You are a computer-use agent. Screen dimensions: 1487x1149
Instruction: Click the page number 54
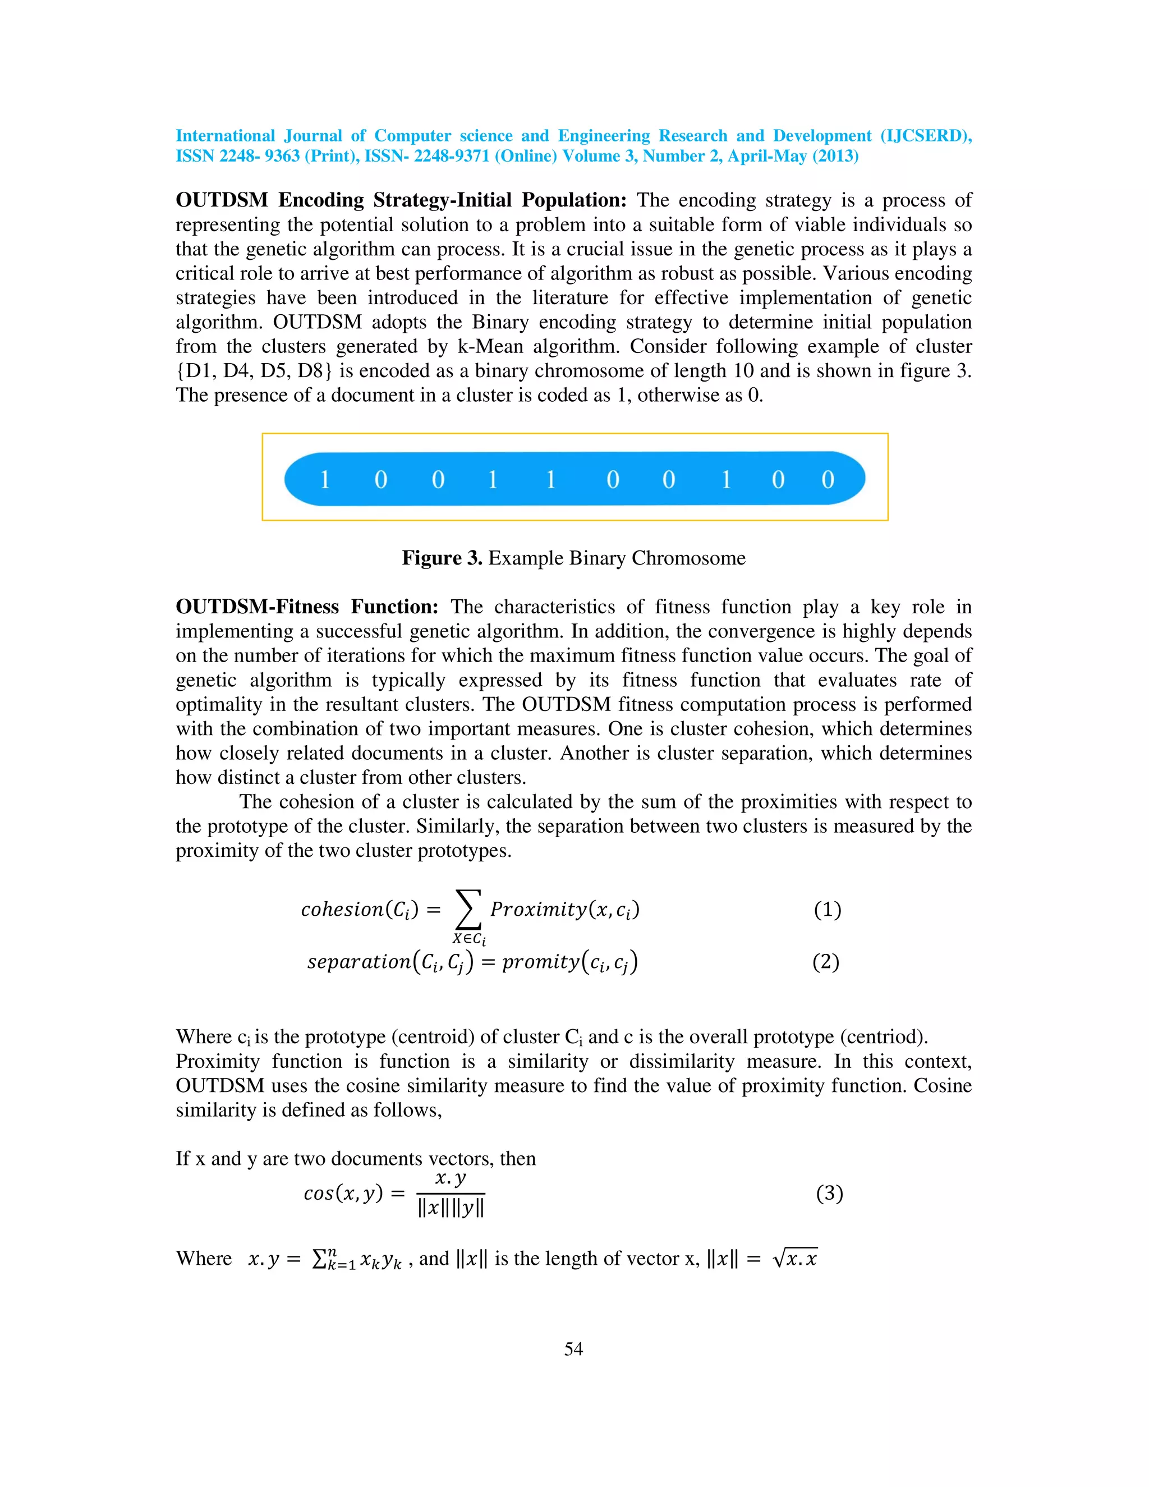pyautogui.click(x=573, y=1349)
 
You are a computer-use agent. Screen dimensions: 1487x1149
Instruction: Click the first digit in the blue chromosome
pyautogui.click(x=325, y=480)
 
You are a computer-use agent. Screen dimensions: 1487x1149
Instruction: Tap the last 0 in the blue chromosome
pyautogui.click(x=828, y=480)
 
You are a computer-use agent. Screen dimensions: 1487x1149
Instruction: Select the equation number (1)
pyautogui.click(x=827, y=910)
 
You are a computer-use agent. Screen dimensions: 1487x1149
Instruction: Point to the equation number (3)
pyautogui.click(x=829, y=1193)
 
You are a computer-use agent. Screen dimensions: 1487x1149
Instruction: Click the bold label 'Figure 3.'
pyautogui.click(x=442, y=558)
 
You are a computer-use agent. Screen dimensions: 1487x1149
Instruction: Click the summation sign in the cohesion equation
pyautogui.click(x=468, y=909)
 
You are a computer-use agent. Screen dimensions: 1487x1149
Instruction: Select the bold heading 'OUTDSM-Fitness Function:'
pyautogui.click(x=306, y=607)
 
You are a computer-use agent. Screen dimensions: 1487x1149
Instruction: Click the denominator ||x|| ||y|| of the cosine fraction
pyautogui.click(x=451, y=1209)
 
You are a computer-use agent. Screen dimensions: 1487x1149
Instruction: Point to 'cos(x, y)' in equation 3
pyautogui.click(x=343, y=1193)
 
